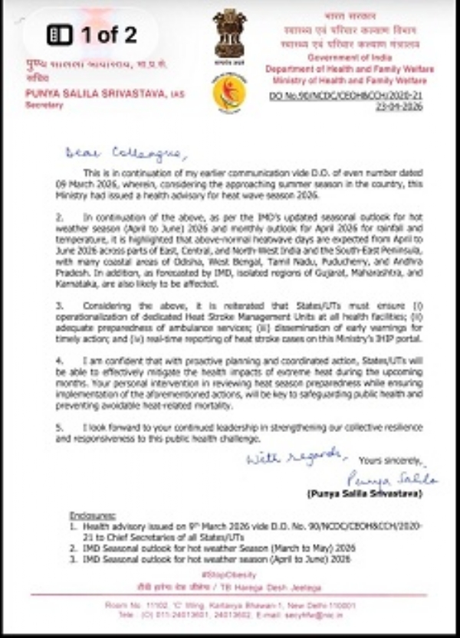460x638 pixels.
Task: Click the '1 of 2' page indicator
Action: tap(92, 34)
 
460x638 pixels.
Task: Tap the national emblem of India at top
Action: tap(229, 34)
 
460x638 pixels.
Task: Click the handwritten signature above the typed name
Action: tap(392, 479)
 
